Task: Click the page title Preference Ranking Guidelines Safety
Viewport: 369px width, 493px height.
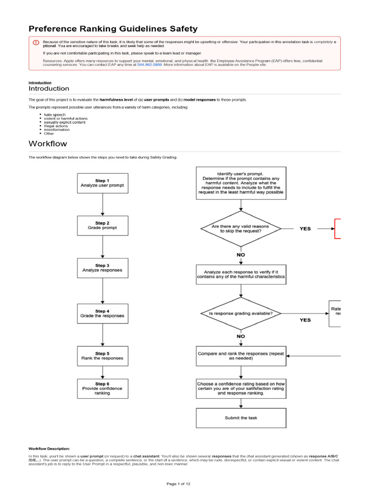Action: coord(113,29)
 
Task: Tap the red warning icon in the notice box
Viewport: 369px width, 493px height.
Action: coord(36,42)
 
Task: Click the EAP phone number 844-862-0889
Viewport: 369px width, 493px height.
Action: coord(149,65)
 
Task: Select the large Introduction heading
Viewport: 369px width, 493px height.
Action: coord(49,89)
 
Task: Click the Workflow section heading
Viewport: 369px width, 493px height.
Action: coord(48,143)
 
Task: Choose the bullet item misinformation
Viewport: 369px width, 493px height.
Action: coord(57,130)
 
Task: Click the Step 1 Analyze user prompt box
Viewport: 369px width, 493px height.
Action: coord(102,183)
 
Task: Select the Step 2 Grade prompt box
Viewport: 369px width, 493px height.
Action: coord(102,225)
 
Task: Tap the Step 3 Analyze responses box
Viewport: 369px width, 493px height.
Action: coord(102,268)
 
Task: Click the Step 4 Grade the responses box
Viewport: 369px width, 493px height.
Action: coord(102,313)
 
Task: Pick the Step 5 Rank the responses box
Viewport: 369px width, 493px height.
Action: coord(102,356)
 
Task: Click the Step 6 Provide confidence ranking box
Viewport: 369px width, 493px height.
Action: coord(102,388)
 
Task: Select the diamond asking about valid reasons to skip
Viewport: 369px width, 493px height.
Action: coord(241,229)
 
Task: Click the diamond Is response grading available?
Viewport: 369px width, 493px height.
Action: coord(241,314)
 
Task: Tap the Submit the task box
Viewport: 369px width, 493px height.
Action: coord(241,418)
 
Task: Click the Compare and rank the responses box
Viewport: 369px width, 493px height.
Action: coord(241,356)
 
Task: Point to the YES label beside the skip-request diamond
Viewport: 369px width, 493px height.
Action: coord(305,229)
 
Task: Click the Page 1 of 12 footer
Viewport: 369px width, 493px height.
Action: coord(184,483)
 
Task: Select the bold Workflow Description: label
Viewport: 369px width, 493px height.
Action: coord(49,448)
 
